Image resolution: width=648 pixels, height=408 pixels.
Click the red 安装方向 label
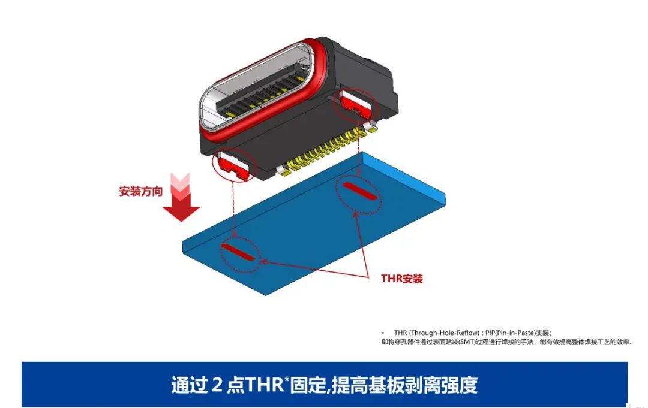141,191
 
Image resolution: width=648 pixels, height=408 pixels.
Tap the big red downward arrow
181,198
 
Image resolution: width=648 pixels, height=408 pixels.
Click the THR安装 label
401,279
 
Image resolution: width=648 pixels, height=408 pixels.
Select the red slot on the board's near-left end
238,252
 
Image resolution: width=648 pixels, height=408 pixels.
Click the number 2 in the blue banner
218,385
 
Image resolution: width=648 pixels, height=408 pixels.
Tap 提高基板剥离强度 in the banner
405,385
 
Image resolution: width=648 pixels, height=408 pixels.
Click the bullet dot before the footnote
383,333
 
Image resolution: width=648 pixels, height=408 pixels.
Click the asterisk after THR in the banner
286,379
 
